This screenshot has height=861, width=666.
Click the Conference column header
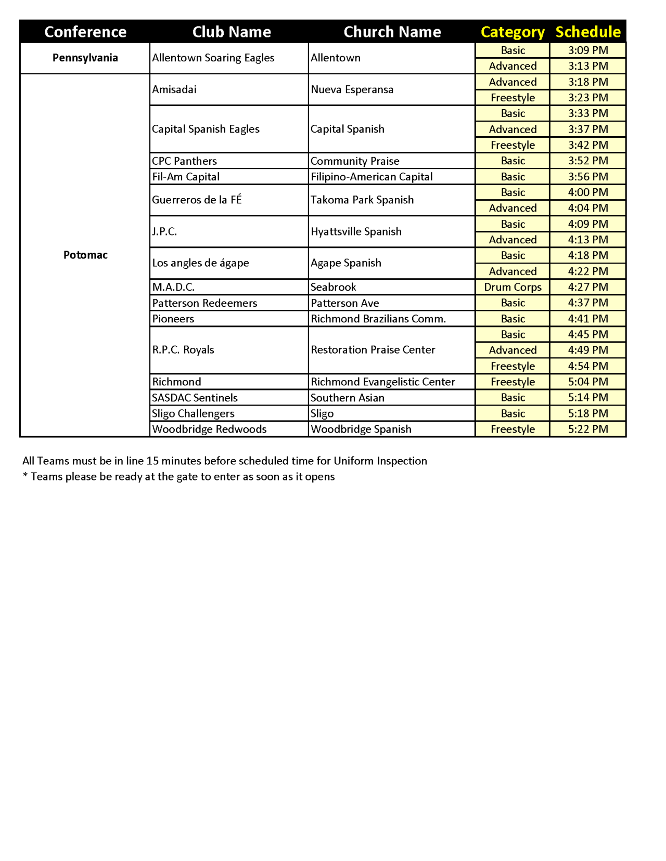pyautogui.click(x=85, y=32)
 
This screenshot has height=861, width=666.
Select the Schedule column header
pyautogui.click(x=588, y=32)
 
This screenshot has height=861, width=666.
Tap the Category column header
pyautogui.click(x=513, y=32)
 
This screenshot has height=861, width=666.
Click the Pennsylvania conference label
pyautogui.click(x=85, y=58)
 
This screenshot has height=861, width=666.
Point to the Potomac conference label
pyautogui.click(x=85, y=255)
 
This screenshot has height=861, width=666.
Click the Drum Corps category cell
pyautogui.click(x=513, y=287)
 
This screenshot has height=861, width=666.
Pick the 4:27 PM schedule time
pyautogui.click(x=588, y=287)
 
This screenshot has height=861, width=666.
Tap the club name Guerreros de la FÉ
pyautogui.click(x=197, y=200)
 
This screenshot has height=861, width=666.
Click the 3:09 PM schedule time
pyautogui.click(x=588, y=50)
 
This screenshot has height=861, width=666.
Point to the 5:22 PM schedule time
pyautogui.click(x=588, y=429)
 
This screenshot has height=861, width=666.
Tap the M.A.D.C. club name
pyautogui.click(x=173, y=287)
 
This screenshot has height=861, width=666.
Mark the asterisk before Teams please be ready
pyautogui.click(x=25, y=476)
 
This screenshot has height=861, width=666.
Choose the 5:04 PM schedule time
pyautogui.click(x=588, y=382)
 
